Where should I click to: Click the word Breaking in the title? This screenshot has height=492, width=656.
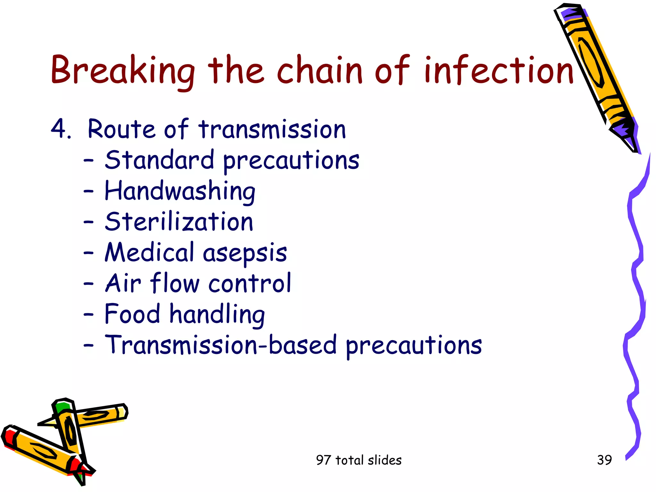click(123, 70)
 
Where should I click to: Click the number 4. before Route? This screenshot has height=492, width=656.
click(61, 129)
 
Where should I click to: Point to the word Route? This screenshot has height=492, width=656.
click(122, 129)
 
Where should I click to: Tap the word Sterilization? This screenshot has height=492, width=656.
click(179, 222)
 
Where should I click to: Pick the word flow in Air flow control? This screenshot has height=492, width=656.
click(175, 283)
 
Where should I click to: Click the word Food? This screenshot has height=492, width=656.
click(132, 314)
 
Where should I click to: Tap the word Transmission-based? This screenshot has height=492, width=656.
click(221, 345)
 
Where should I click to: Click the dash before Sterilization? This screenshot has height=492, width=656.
click(88, 221)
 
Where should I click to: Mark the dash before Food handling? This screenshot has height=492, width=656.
click(88, 314)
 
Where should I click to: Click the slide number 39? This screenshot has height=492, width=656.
click(604, 460)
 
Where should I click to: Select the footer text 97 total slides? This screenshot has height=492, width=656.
click(359, 460)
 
